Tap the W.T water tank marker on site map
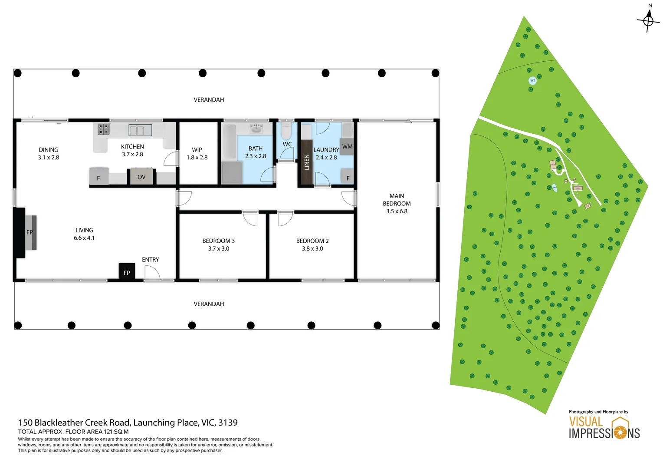pyautogui.click(x=532, y=81)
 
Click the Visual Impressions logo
pyautogui.click(x=604, y=428)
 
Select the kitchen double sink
pyautogui.click(x=140, y=130)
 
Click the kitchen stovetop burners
pyautogui.click(x=103, y=129)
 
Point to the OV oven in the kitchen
pyautogui.click(x=141, y=177)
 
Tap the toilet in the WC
pyautogui.click(x=286, y=130)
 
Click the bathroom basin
pyautogui.click(x=256, y=129)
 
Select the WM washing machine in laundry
pyautogui.click(x=347, y=147)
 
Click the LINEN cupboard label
pyautogui.click(x=307, y=162)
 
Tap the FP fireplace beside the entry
pyautogui.click(x=127, y=272)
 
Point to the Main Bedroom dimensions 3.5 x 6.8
pyautogui.click(x=397, y=211)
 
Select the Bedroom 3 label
pyautogui.click(x=218, y=241)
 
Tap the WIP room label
pyautogui.click(x=197, y=150)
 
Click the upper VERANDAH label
pyautogui.click(x=209, y=100)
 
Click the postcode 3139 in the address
pyautogui.click(x=228, y=423)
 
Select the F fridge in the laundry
pyautogui.click(x=348, y=178)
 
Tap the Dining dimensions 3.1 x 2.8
pyautogui.click(x=49, y=158)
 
